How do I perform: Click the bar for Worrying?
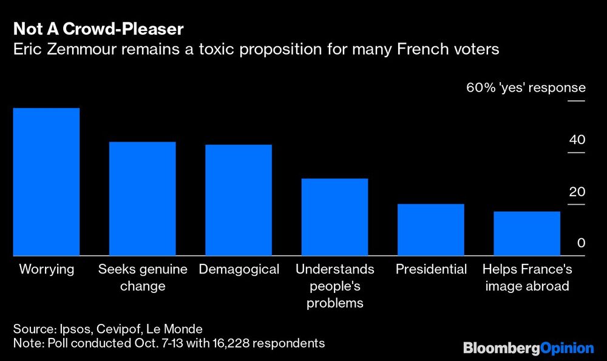pos(46,182)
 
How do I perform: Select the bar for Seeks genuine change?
pos(142,199)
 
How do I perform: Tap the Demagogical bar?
pos(239,200)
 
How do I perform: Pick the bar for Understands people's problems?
pos(334,217)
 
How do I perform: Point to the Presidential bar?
pos(430,230)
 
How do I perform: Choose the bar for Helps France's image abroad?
pos(526,233)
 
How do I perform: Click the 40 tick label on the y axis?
pos(577,140)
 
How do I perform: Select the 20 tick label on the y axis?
pos(577,192)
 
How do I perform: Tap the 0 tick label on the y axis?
pos(581,243)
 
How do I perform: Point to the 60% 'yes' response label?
pos(526,88)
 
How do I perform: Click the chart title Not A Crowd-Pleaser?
pos(98,29)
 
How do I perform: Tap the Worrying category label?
pos(46,269)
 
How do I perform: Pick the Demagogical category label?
pos(239,269)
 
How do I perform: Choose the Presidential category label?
pos(431,269)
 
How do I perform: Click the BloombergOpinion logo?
pos(528,348)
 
